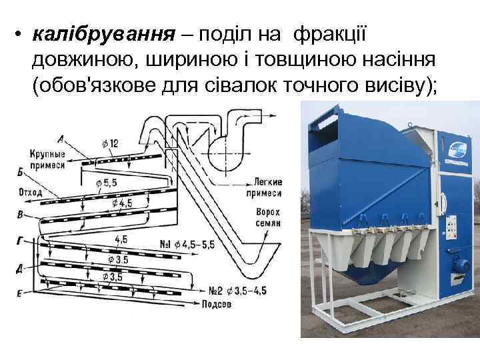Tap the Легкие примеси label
tap(267, 187)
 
